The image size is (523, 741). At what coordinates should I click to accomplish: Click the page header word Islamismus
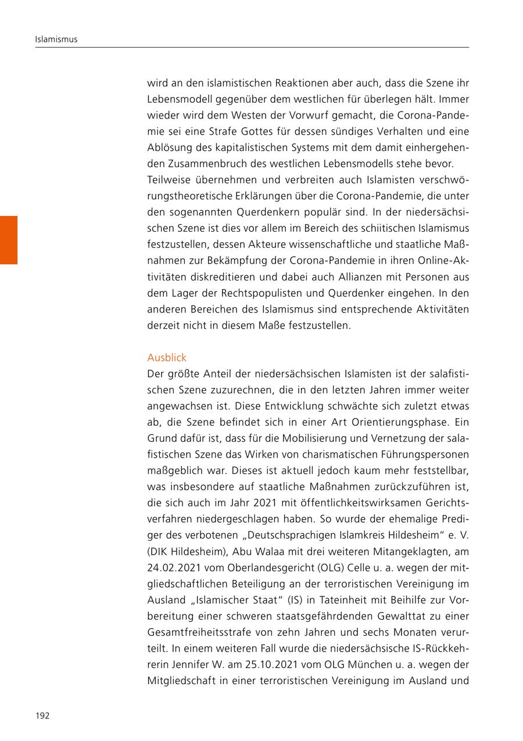pyautogui.click(x=56, y=39)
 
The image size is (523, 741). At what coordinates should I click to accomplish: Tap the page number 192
pyautogui.click(x=42, y=715)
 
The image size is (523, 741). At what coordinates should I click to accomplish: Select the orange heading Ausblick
pyautogui.click(x=167, y=357)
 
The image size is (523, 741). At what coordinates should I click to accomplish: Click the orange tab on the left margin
pyautogui.click(x=9, y=240)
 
